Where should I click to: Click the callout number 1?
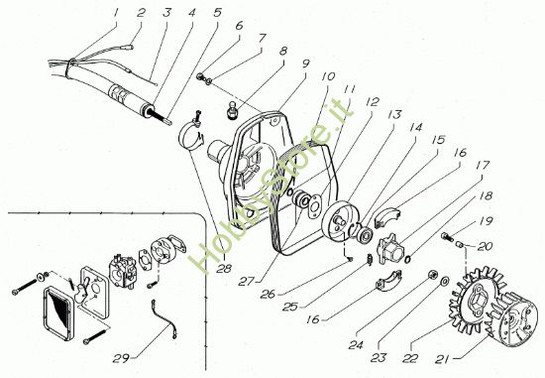tap(116, 13)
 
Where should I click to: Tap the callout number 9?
tap(305, 63)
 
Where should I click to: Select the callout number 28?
tap(224, 268)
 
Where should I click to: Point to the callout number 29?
tap(121, 358)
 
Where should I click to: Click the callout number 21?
tap(442, 359)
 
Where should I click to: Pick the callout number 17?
tap(483, 165)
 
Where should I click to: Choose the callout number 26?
tap(268, 294)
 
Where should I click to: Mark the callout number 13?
tap(394, 114)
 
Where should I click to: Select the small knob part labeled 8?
tap(231, 109)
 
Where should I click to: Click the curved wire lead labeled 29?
tap(164, 318)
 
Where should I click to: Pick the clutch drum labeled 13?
tap(336, 223)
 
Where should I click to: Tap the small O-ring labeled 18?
tap(407, 259)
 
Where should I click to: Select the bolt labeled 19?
tap(446, 237)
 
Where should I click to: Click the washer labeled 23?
tap(444, 281)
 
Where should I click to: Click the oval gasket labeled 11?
tap(316, 206)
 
